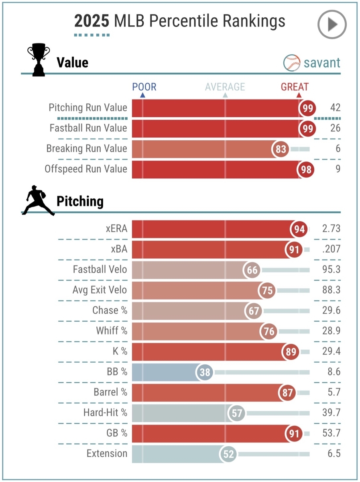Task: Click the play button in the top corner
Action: coord(332,25)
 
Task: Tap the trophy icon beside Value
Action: coord(39,61)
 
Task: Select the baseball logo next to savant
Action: coord(291,63)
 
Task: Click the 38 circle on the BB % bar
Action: coord(205,372)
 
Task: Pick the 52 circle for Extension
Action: coord(228,454)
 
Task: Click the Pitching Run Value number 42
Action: coord(335,108)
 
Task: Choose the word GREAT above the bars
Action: coord(295,87)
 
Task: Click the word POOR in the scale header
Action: coord(144,87)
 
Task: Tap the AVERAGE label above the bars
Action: coord(225,87)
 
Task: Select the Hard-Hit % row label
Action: coord(105,413)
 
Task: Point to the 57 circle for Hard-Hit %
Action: coord(236,413)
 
